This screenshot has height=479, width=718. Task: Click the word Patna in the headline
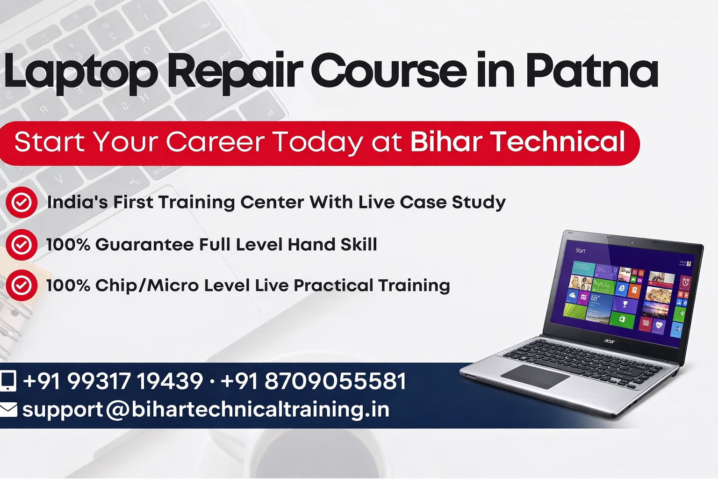(592, 70)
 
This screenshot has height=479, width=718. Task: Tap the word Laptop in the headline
(80, 73)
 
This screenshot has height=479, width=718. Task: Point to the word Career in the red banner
(215, 141)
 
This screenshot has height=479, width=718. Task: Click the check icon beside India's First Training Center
(22, 203)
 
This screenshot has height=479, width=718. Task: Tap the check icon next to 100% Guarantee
(22, 245)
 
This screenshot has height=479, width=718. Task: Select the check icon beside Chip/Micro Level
(22, 285)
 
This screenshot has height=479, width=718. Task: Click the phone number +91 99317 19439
(113, 381)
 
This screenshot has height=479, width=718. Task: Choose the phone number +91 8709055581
(314, 381)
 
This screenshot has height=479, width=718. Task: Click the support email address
(206, 410)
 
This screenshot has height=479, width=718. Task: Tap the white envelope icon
(8, 410)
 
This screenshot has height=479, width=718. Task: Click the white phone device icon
(8, 381)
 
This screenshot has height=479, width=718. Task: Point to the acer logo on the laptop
(610, 341)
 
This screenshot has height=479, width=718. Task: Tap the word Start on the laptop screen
(580, 250)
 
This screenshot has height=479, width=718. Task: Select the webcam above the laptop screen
(632, 243)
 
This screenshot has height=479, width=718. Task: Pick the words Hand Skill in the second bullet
(332, 245)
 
